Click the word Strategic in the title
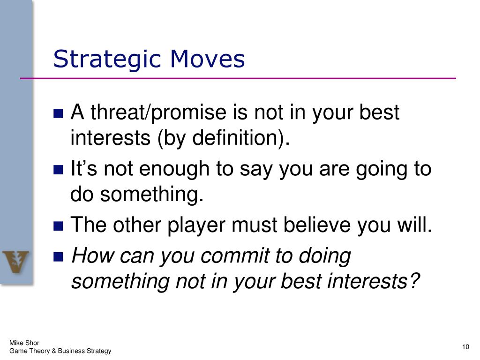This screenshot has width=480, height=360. pyautogui.click(x=107, y=60)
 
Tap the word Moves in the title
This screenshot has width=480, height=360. pyautogui.click(x=207, y=59)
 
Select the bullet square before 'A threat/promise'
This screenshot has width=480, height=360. pyautogui.click(x=58, y=113)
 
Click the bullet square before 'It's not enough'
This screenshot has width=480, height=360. pyautogui.click(x=58, y=170)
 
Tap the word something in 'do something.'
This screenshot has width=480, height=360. pyautogui.click(x=152, y=195)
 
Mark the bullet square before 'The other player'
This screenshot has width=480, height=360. pyautogui.click(x=58, y=226)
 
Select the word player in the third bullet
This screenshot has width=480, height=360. pyautogui.click(x=196, y=226)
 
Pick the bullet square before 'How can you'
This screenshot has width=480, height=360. pyautogui.click(x=58, y=256)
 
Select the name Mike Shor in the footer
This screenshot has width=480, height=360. pyautogui.click(x=24, y=343)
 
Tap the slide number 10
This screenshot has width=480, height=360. pyautogui.click(x=465, y=347)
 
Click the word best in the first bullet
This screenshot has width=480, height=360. pyautogui.click(x=379, y=112)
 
